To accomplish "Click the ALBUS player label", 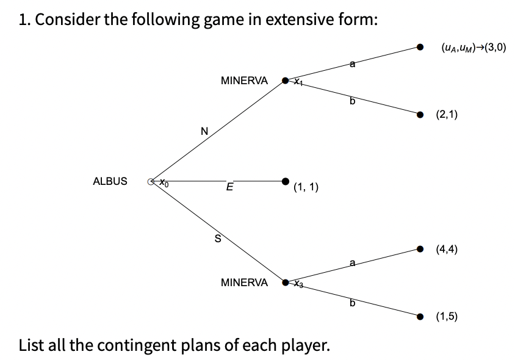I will [x=110, y=181].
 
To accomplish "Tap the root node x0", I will [x=151, y=181].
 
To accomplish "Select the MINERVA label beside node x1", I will [x=243, y=80].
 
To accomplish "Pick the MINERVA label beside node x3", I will [x=243, y=283].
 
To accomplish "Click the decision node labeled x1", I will [x=285, y=80].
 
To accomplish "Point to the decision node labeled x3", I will [x=285, y=283].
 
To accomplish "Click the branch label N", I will [x=204, y=130].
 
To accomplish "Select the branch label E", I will [x=229, y=187].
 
